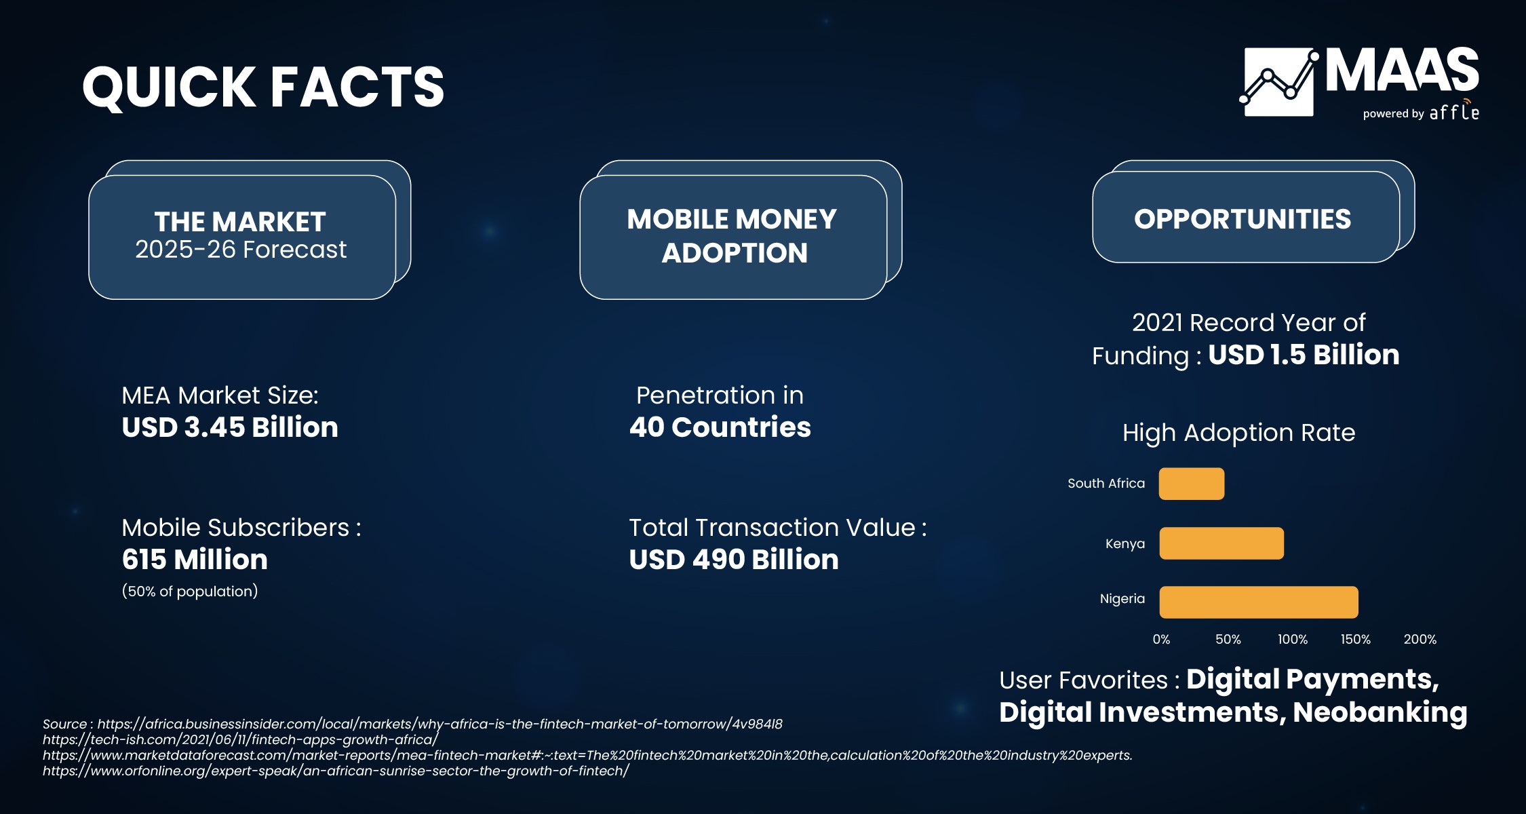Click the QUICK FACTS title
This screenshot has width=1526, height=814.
coord(263,88)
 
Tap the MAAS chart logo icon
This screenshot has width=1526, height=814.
coord(1279,82)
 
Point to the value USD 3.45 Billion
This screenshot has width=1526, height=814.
coord(230,427)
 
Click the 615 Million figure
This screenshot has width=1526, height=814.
coord(195,560)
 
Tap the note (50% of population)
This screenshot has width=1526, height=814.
coord(190,592)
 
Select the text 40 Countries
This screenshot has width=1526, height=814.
coord(720,427)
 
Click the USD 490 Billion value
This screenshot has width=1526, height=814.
coord(734,560)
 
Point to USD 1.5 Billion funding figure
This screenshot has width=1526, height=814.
coord(1304,355)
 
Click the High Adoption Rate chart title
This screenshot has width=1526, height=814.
coord(1238,433)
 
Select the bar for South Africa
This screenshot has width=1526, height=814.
coord(1192,484)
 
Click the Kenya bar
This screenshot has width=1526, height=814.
coord(1221,543)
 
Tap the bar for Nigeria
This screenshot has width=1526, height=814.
coord(1259,602)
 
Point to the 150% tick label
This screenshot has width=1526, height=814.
coord(1355,640)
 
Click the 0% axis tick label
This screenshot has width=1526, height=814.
coord(1161,640)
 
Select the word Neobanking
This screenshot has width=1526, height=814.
coord(1380,713)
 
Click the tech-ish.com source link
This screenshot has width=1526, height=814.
coord(241,740)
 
